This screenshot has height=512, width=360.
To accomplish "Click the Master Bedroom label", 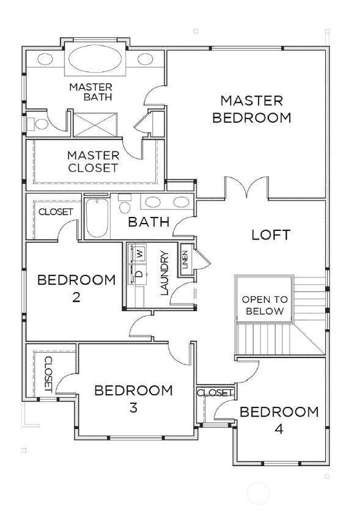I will (x=251, y=109).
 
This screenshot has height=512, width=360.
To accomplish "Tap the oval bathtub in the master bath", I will (x=95, y=59).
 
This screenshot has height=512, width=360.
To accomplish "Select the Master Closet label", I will (x=92, y=161).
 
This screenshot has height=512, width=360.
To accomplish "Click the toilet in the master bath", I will (x=39, y=124).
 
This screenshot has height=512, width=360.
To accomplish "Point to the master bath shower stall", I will (x=90, y=125).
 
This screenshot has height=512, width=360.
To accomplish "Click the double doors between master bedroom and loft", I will (x=247, y=188).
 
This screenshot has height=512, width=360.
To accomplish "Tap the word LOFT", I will (x=271, y=235).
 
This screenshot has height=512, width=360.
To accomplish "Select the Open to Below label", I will (x=263, y=305).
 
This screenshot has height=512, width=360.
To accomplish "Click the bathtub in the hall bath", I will (x=97, y=219).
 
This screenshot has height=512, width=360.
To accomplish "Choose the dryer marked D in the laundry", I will (x=139, y=274).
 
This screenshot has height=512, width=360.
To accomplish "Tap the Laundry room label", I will (x=164, y=273).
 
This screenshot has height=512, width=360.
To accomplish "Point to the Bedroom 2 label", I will (x=76, y=288).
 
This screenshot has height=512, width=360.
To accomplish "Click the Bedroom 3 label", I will (x=133, y=398).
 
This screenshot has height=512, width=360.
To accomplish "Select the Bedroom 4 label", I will (x=279, y=420).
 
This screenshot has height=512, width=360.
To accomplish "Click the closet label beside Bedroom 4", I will (x=215, y=392).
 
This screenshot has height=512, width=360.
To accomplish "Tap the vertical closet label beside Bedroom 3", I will (x=48, y=373).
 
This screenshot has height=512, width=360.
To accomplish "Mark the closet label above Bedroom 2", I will (x=56, y=212).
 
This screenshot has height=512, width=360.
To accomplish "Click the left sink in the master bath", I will (x=46, y=59).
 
